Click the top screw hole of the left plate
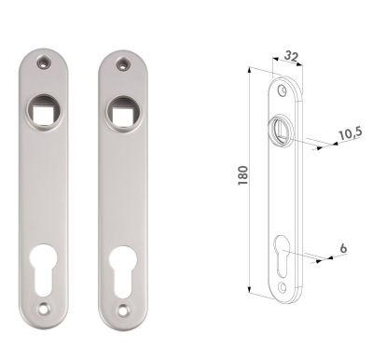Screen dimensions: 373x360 coord(44,62)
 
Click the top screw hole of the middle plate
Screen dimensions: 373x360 coord(123,64)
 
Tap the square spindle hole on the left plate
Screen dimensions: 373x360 coord(44,110)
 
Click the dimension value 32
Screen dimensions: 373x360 coord(291,56)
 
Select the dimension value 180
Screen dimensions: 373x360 coord(243,175)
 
